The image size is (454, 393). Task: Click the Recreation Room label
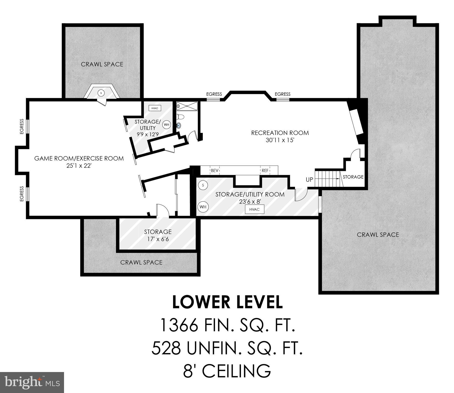(280, 133)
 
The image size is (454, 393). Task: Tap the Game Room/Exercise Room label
(79, 158)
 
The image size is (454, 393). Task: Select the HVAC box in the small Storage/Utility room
(155, 108)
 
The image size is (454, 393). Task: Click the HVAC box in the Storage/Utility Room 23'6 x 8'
(254, 210)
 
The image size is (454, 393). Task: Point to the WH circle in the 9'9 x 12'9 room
(167, 125)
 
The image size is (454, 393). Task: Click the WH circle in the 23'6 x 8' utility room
(203, 207)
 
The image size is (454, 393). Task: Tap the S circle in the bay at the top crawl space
(101, 93)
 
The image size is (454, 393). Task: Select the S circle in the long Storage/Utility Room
(203, 185)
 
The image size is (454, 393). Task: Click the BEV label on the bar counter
(214, 170)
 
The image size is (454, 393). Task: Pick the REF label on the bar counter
(265, 170)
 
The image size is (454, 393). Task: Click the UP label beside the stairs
(309, 179)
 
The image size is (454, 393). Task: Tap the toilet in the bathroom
(181, 117)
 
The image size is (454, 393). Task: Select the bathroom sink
(179, 125)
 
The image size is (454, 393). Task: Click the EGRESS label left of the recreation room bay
(214, 94)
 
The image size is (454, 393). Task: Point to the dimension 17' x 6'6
(158, 239)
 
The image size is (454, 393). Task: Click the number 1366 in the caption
(179, 325)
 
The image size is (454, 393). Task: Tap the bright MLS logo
(32, 382)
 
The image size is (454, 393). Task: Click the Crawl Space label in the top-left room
(102, 64)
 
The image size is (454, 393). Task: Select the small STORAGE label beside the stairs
(353, 177)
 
